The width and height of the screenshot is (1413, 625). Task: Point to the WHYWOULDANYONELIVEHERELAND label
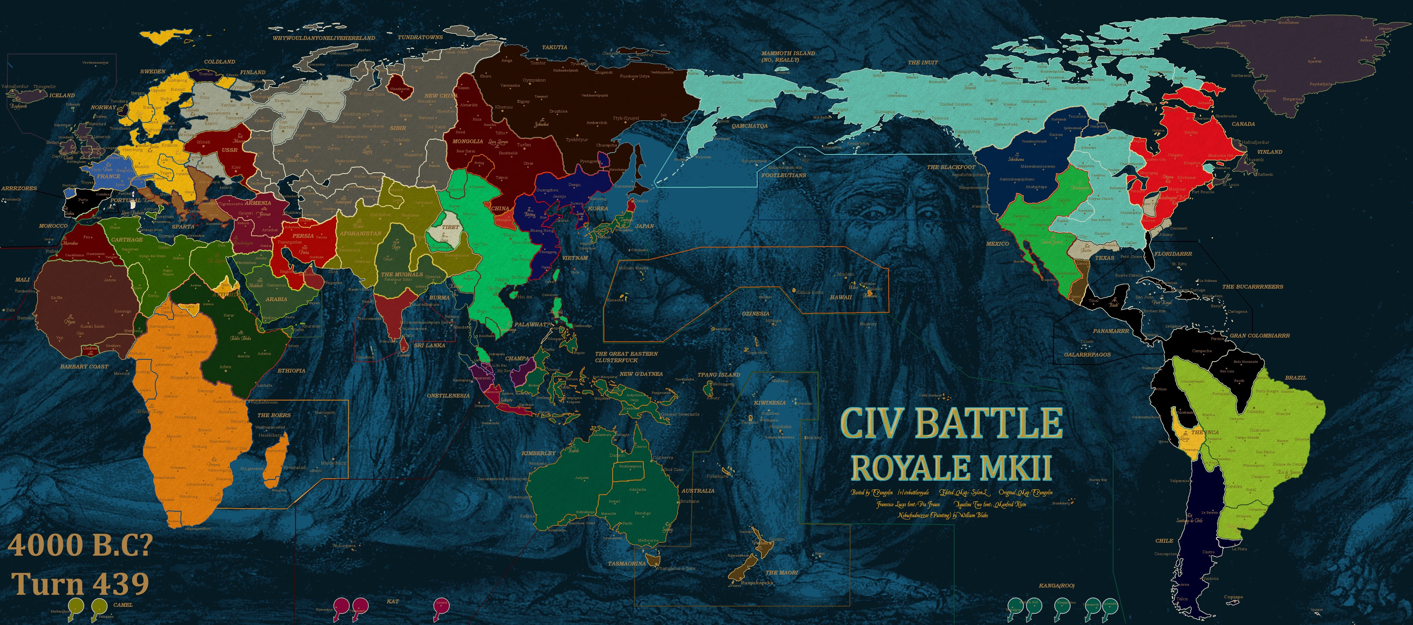324,38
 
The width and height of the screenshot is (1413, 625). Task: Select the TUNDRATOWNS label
420,37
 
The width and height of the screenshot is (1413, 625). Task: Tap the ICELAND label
62,95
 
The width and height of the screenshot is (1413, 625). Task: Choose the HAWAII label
841,297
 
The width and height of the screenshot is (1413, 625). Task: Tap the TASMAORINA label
626,564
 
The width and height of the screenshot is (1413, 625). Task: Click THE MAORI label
782,572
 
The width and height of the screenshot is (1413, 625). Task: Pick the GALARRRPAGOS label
1087,354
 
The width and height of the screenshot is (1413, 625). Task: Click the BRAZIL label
1295,377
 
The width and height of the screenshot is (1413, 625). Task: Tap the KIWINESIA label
770,402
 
